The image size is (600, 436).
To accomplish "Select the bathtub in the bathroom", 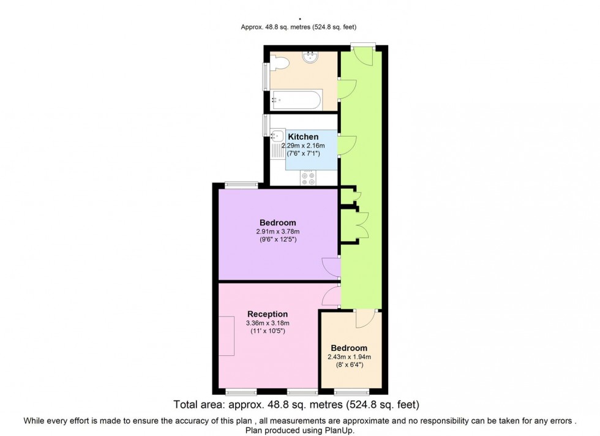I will (296, 99).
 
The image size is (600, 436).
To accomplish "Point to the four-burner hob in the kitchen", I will (308, 178).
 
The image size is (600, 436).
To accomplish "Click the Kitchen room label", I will (303, 137).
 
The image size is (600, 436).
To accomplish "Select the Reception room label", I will (268, 314).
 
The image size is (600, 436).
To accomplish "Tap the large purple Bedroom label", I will (277, 222).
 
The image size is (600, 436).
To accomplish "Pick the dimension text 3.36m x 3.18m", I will (268, 323).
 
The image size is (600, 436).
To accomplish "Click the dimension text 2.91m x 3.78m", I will (277, 231).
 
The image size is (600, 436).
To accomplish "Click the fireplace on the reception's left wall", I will (226, 336).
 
